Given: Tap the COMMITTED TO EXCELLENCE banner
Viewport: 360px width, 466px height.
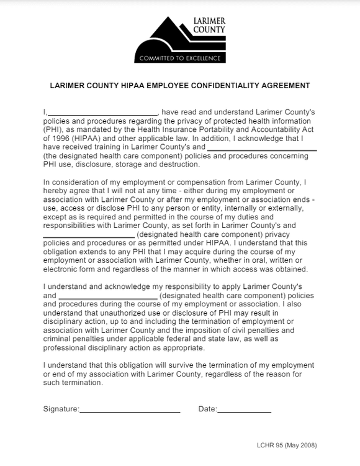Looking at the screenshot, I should tap(180, 58).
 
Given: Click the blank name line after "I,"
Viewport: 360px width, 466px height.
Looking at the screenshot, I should tap(103, 113).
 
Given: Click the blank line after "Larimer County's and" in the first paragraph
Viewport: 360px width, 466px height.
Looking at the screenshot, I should tap(261, 148).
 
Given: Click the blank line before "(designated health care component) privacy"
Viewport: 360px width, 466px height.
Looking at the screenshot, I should tap(89, 235).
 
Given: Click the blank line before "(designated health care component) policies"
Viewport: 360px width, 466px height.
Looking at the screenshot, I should tap(108, 296).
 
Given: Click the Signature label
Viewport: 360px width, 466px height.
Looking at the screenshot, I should tap(61, 409).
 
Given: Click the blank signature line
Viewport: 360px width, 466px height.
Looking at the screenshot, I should tap(130, 411).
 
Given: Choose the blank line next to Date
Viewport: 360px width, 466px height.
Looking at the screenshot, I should tap(245, 411).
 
